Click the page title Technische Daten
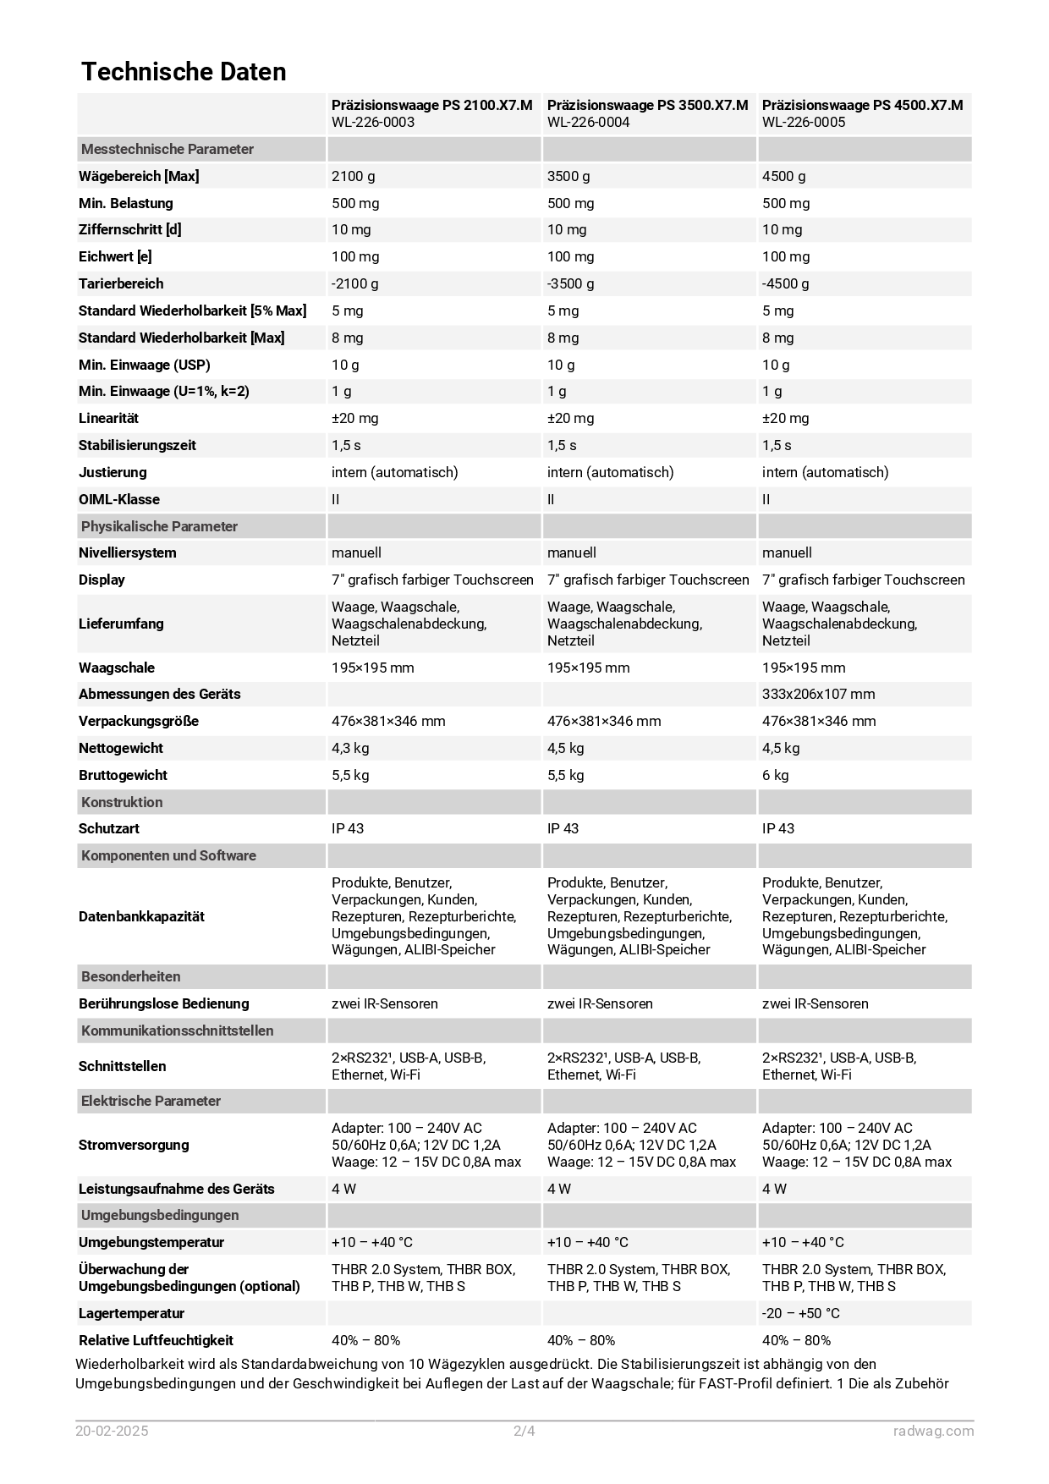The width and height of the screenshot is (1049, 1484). coord(184,72)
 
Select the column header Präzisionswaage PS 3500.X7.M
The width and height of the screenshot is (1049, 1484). coord(647,105)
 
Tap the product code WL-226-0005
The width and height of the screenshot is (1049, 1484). coord(803,122)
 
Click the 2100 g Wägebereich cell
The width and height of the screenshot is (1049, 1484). coord(354,176)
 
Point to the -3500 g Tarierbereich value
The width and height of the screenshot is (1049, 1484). coord(570,283)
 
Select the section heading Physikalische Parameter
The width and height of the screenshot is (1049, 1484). coord(159,526)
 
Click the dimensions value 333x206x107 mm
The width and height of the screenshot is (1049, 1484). coord(818,694)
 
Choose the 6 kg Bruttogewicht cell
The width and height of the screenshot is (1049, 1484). coord(775,775)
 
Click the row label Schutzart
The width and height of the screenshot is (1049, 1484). coord(109,828)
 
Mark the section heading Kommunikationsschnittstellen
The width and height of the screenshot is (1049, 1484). coord(177,1031)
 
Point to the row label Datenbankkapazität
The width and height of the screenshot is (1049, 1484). coord(141,916)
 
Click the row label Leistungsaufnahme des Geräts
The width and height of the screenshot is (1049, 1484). coord(176,1189)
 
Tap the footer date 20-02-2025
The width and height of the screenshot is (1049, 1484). coord(112,1432)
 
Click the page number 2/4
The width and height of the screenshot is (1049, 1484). coord(524,1432)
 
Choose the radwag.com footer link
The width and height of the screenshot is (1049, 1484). coord(933,1432)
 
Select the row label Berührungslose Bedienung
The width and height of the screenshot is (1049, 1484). coord(163,1003)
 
